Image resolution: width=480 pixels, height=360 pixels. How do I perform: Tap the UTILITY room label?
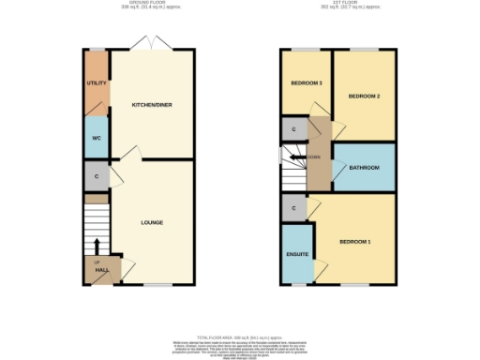pyautogui.click(x=97, y=83)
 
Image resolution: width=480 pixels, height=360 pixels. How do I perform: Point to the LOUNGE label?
pyautogui.click(x=152, y=222)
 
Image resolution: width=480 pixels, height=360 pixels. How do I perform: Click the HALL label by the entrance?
pyautogui.click(x=101, y=270)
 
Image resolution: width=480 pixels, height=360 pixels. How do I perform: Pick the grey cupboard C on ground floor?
pyautogui.click(x=96, y=175)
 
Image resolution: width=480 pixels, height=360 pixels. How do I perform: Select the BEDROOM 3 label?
pyautogui.click(x=306, y=83)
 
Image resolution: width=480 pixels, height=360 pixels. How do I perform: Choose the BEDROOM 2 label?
pyautogui.click(x=364, y=96)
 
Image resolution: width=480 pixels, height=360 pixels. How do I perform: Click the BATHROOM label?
pyautogui.click(x=364, y=168)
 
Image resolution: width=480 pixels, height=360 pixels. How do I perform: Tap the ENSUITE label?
pyautogui.click(x=297, y=253)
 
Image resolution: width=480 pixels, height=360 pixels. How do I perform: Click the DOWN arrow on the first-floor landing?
pyautogui.click(x=310, y=157)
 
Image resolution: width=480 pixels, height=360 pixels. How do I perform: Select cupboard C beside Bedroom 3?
pyautogui.click(x=294, y=128)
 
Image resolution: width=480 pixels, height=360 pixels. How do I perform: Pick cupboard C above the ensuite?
pyautogui.click(x=294, y=208)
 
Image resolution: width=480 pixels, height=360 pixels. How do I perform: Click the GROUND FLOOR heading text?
pyautogui.click(x=144, y=4)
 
